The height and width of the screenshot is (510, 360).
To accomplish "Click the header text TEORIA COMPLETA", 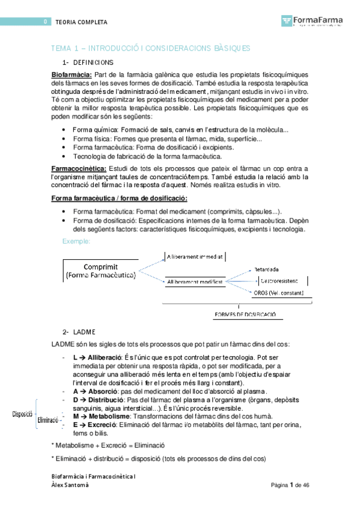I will pyautogui.click(x=81, y=22).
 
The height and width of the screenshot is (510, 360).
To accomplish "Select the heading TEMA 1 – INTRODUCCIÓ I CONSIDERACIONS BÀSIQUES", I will pyautogui.click(x=151, y=48).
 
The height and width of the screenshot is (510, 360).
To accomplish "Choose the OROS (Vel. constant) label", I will pyautogui.click(x=279, y=293).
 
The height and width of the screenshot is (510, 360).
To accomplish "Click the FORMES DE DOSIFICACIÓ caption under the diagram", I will pyautogui.click(x=245, y=314).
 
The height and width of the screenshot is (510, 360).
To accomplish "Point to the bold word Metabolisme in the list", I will pyautogui.click(x=107, y=416).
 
